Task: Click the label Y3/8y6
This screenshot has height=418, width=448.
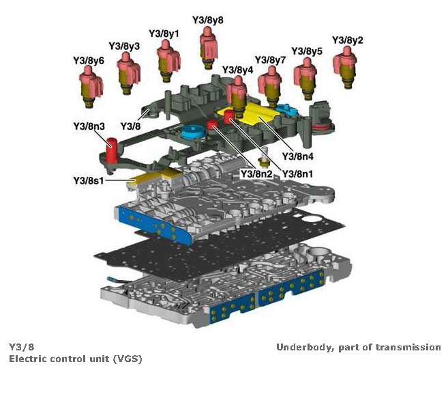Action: tap(89, 61)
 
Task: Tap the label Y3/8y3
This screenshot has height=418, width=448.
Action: tap(124, 46)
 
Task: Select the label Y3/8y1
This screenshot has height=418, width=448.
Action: tap(164, 33)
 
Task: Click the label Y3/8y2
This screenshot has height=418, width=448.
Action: tap(346, 40)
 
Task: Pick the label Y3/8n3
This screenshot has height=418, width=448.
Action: tap(89, 126)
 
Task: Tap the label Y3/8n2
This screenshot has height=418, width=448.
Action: tap(256, 174)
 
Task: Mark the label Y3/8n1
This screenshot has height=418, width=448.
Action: tap(298, 174)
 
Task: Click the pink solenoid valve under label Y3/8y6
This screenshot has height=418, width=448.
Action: tap(89, 87)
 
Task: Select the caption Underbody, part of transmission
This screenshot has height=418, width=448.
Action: tap(358, 347)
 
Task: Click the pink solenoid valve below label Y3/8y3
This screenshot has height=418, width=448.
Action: tap(128, 71)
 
